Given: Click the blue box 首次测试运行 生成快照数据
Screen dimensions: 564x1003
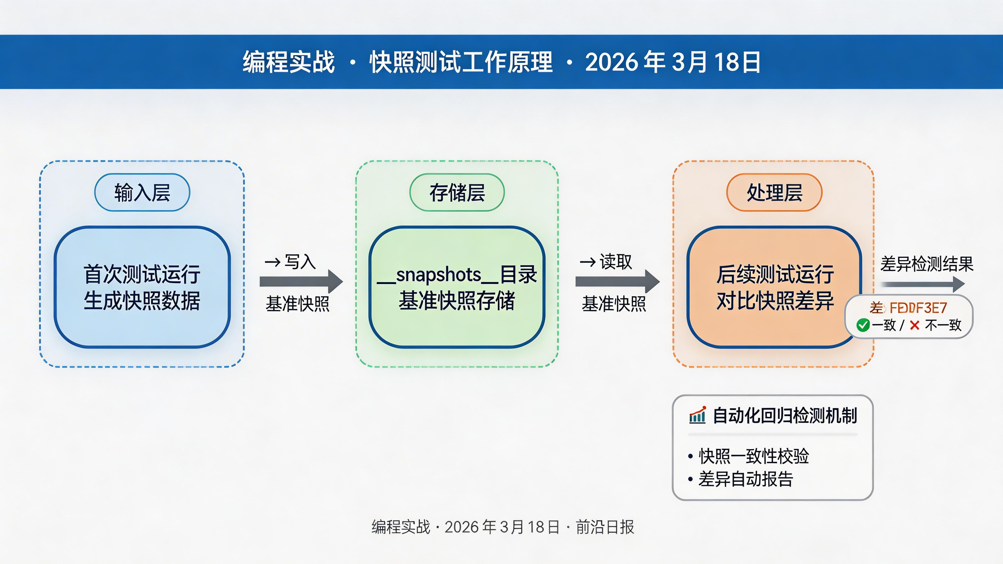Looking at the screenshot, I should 142,287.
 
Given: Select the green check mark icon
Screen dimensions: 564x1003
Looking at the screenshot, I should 863,325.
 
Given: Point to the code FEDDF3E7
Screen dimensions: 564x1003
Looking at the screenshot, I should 918,308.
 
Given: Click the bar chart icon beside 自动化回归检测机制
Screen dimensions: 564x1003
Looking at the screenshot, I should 697,415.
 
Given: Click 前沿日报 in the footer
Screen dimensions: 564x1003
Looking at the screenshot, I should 605,527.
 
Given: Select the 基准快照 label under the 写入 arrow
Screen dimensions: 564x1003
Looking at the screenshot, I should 298,304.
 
